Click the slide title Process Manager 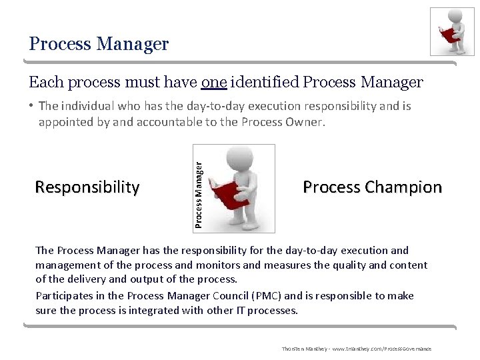[x=99, y=45]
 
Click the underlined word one [x=214, y=82]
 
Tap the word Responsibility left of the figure [x=87, y=187]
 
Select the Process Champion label [x=372, y=187]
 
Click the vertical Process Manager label [x=198, y=188]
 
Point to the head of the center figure [x=239, y=159]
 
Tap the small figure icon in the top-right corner [x=452, y=31]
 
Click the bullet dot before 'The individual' [x=32, y=107]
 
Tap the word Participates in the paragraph [x=64, y=295]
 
